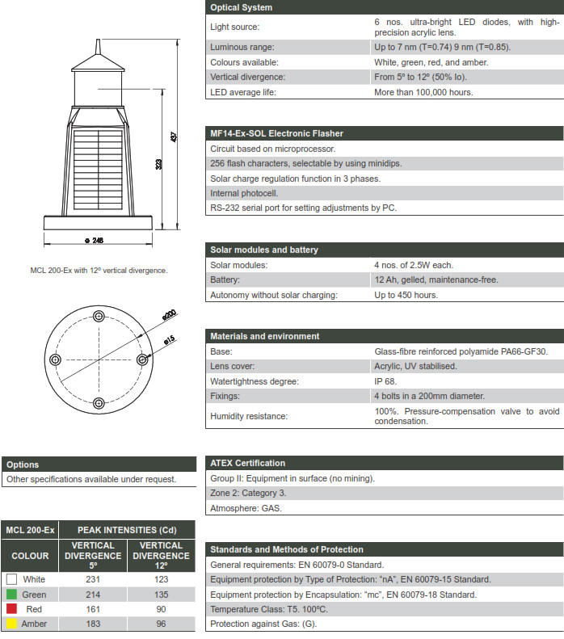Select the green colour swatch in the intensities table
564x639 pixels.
[11, 595]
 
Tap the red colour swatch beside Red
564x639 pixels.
[11, 609]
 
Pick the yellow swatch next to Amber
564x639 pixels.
[11, 624]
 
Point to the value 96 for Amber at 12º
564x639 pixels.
[161, 624]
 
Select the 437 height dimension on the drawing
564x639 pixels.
[174, 137]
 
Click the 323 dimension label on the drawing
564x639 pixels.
[158, 164]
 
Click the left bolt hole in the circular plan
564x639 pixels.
[55, 359]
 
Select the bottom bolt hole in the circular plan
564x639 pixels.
[99, 402]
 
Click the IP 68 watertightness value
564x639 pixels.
[384, 381]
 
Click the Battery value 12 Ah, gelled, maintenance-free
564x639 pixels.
[436, 280]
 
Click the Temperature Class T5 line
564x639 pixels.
[268, 609]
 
